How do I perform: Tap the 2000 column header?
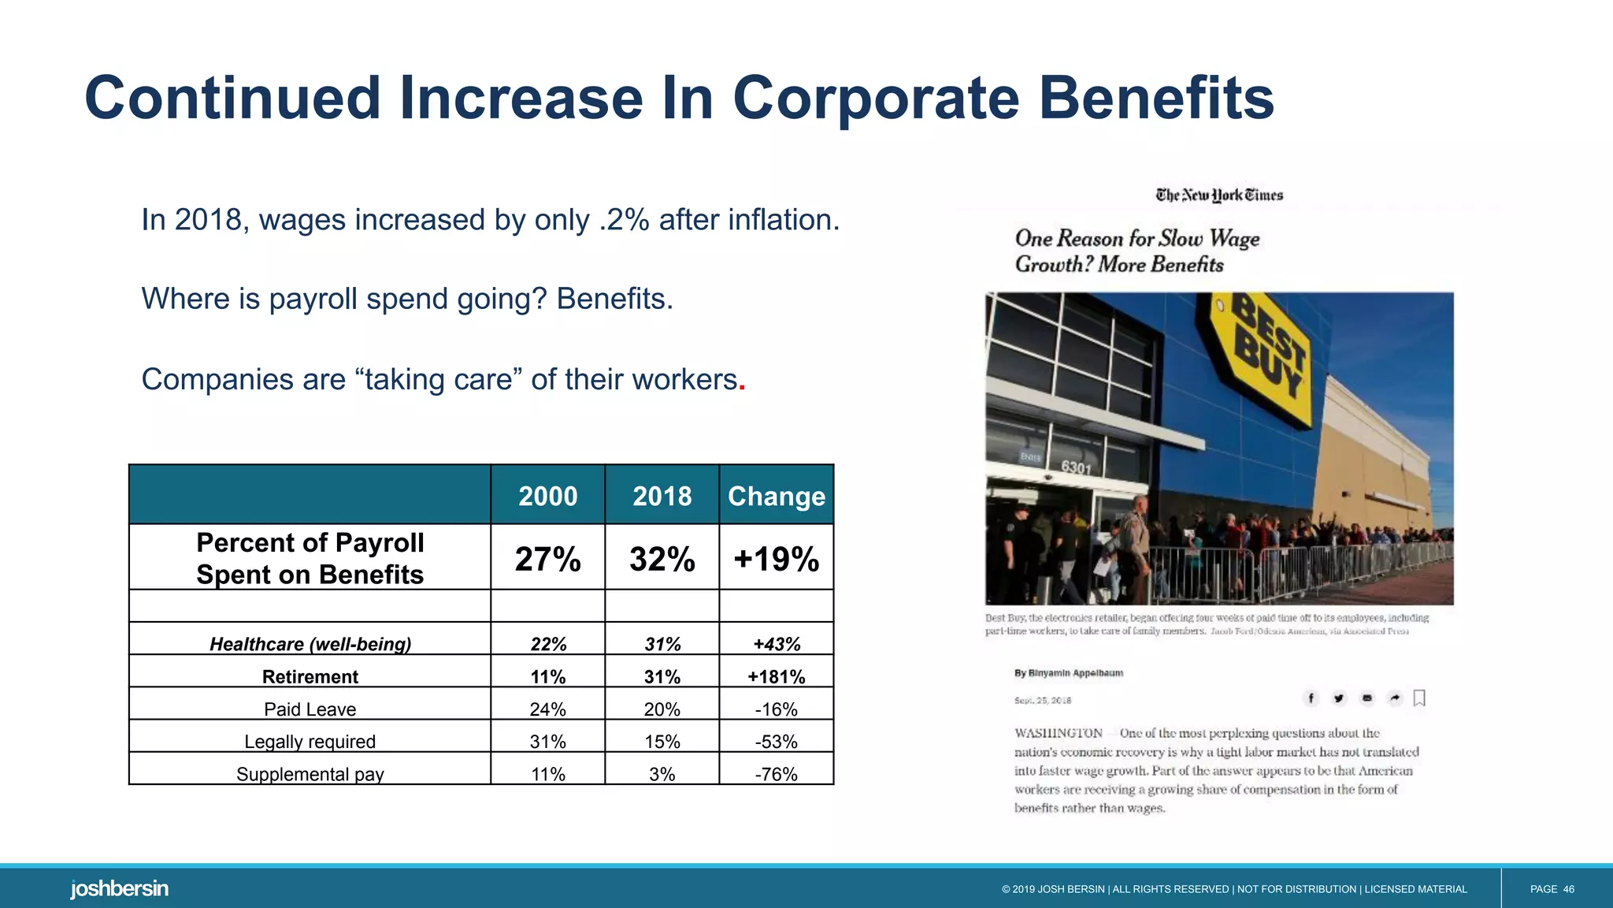pyautogui.click(x=547, y=496)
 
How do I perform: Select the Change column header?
pyautogui.click(x=776, y=496)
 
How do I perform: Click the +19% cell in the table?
pyautogui.click(x=776, y=559)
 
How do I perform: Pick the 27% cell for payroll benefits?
pyautogui.click(x=547, y=559)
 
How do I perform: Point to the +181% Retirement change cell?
pyautogui.click(x=776, y=676)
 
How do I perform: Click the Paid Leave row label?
pyautogui.click(x=310, y=709)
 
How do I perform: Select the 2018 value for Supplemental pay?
pyautogui.click(x=662, y=773)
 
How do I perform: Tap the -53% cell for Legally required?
pyautogui.click(x=776, y=741)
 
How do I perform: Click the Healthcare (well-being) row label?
pyautogui.click(x=310, y=644)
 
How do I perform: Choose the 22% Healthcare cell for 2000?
pyautogui.click(x=547, y=644)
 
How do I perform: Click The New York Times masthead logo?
pyautogui.click(x=1219, y=195)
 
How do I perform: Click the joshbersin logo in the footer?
pyautogui.click(x=119, y=888)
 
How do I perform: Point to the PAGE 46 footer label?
pyautogui.click(x=1552, y=889)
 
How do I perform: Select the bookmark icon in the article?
pyautogui.click(x=1419, y=698)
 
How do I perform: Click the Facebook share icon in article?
pyautogui.click(x=1311, y=698)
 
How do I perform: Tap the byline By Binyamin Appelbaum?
pyautogui.click(x=1068, y=673)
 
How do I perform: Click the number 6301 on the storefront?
pyautogui.click(x=1076, y=467)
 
